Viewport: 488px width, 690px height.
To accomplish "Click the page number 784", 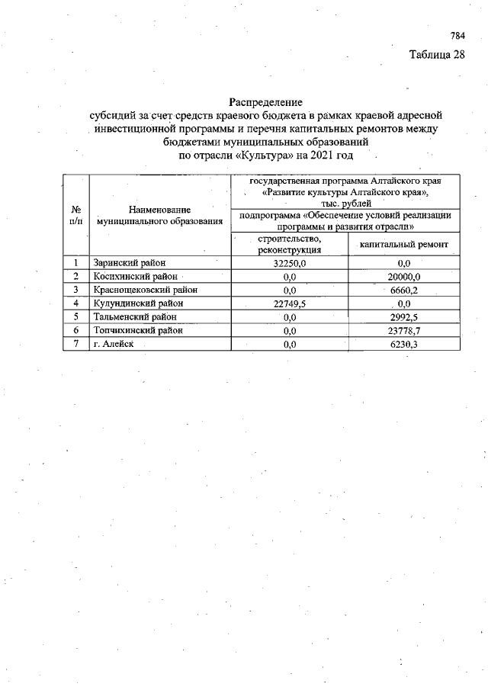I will [x=457, y=36].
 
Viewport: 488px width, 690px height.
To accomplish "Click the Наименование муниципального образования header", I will [x=159, y=214].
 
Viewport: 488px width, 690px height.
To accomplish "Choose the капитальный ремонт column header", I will [x=403, y=244].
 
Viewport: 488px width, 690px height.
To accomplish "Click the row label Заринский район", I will [x=129, y=263].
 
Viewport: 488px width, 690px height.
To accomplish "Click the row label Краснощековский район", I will [x=145, y=290].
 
